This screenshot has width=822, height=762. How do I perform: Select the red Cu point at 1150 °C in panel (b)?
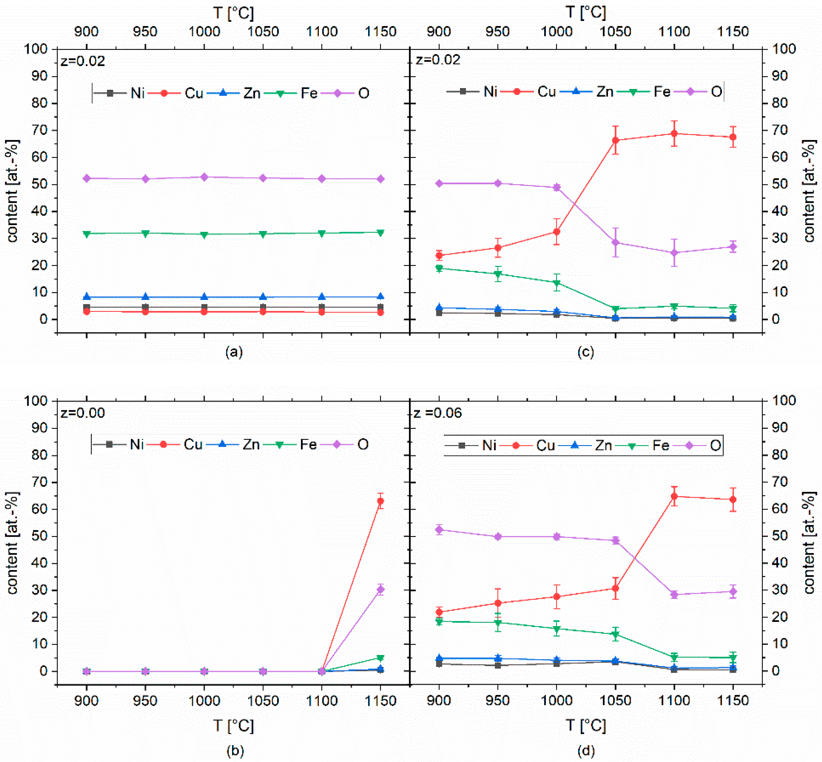click(x=380, y=501)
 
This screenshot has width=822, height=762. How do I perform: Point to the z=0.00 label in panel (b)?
click(x=82, y=413)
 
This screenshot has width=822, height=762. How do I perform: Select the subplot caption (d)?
click(x=586, y=751)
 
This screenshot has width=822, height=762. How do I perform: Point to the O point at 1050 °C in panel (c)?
click(x=615, y=243)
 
